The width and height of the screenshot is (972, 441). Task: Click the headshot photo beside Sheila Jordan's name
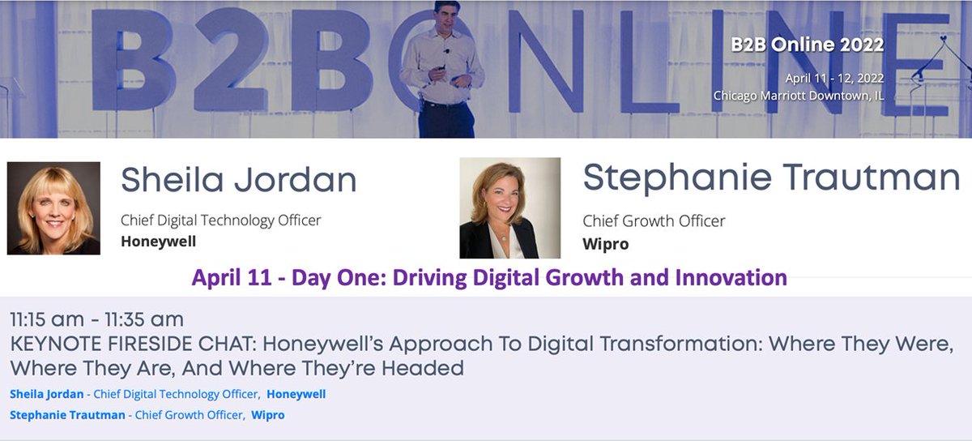click(x=53, y=208)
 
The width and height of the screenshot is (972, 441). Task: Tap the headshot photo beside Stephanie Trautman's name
click(x=509, y=208)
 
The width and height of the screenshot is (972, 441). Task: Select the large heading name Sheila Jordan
click(x=239, y=179)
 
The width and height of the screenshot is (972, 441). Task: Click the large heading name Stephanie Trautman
click(x=771, y=178)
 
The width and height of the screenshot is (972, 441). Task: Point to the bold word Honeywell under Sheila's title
click(x=158, y=241)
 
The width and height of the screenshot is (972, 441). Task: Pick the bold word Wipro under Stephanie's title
click(x=606, y=243)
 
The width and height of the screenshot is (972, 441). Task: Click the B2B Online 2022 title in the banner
click(x=807, y=45)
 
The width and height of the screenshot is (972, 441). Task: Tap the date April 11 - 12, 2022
click(x=834, y=79)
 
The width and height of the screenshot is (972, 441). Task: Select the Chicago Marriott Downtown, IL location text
click(x=799, y=96)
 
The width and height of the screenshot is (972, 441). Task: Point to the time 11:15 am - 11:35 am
click(x=96, y=319)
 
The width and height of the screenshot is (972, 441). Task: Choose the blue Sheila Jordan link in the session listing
click(x=47, y=394)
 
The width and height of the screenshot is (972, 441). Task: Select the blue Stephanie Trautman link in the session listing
click(x=67, y=415)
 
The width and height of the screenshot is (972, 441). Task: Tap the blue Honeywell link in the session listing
click(x=296, y=394)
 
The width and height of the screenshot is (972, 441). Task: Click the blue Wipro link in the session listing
click(x=268, y=415)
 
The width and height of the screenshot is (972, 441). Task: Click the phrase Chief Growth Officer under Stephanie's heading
click(x=654, y=220)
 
